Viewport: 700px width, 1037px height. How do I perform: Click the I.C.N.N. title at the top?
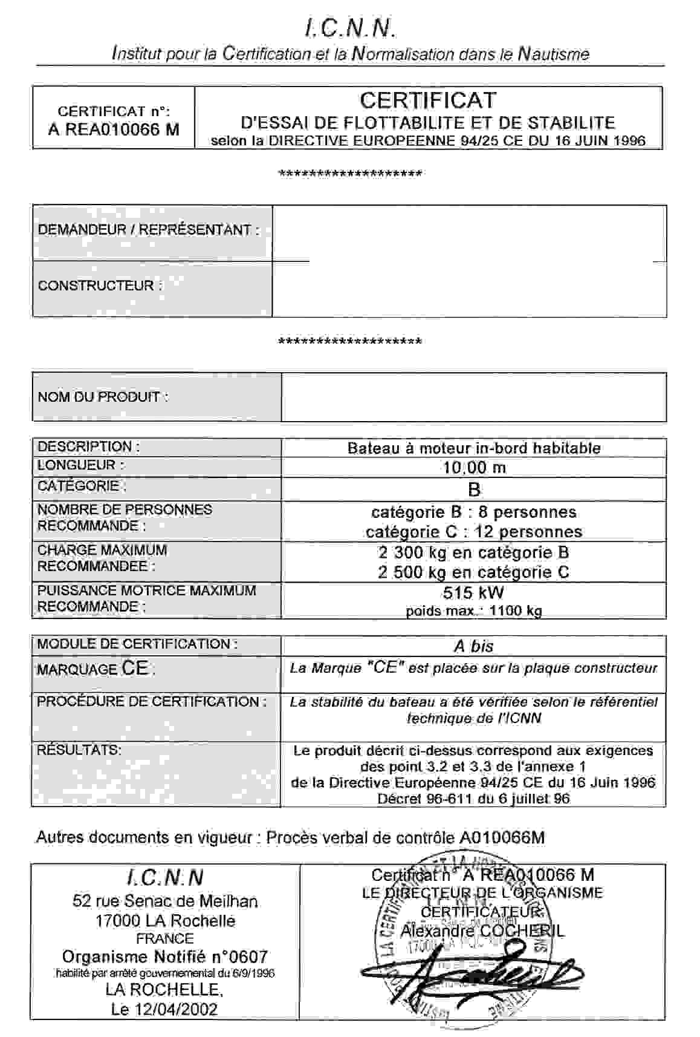(x=350, y=27)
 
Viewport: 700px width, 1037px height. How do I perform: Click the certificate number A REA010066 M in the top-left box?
(x=114, y=129)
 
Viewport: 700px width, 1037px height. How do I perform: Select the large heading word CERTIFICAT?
(x=428, y=100)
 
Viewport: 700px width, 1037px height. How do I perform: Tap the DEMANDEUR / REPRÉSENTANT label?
(x=148, y=230)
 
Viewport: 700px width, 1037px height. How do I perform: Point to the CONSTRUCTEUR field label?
(x=100, y=286)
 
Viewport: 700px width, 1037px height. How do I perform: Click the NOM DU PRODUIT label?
(x=103, y=397)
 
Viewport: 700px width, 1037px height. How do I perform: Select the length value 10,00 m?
(x=474, y=467)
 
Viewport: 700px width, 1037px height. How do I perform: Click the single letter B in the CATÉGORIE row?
(x=474, y=489)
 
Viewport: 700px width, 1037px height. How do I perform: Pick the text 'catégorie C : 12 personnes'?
(x=474, y=532)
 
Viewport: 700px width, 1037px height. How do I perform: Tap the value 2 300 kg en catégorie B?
(x=474, y=552)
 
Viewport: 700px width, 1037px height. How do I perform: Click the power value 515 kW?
(x=474, y=592)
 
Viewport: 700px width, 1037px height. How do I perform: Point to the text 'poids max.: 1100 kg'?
(x=474, y=610)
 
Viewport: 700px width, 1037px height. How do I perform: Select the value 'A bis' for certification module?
(x=474, y=646)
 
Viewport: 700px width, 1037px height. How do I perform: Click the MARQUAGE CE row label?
(x=96, y=669)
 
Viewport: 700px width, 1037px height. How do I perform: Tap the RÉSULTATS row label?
(x=79, y=750)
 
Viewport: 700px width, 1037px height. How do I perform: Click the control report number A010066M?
(x=502, y=837)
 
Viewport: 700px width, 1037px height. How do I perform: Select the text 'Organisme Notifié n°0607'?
(x=164, y=957)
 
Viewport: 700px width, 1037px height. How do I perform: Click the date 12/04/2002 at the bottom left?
(x=181, y=1009)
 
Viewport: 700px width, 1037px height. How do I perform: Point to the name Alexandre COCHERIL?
(x=482, y=931)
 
